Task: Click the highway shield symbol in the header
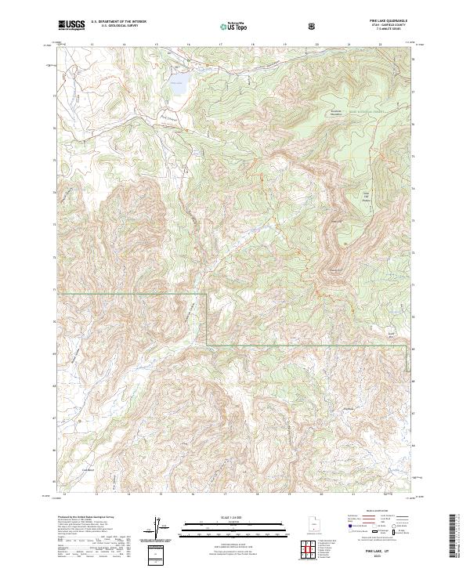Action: pyautogui.click(x=313, y=26)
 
